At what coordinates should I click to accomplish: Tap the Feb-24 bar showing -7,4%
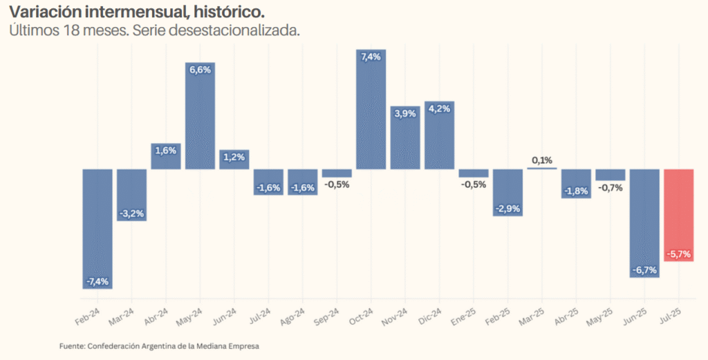coord(97,228)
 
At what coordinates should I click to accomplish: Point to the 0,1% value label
coord(541,160)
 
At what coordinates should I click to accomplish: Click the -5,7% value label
coord(678,254)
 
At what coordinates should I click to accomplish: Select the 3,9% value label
coord(404,113)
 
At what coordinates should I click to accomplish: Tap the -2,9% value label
coord(507,209)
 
